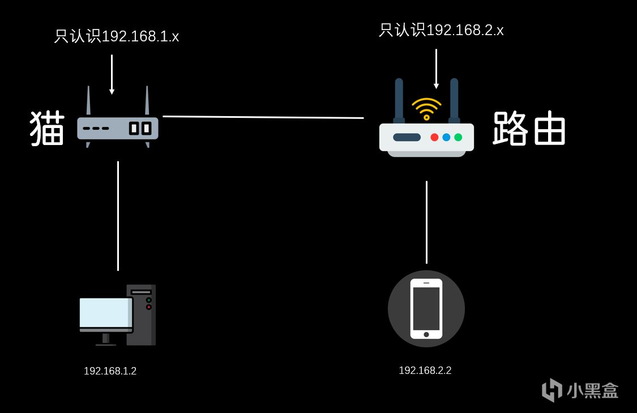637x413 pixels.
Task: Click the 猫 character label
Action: coord(48,128)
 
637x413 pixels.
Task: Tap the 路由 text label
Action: coord(529,128)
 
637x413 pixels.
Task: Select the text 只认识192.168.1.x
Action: coord(117,37)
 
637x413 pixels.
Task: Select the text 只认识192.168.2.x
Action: coord(441,30)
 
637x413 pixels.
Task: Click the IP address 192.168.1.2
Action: coord(110,371)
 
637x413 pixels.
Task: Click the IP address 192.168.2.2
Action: coord(425,371)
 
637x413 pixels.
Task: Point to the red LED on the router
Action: coord(434,137)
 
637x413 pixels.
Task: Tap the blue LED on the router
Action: coord(446,137)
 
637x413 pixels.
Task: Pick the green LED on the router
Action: coord(458,137)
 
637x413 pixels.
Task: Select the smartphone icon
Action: coord(426,309)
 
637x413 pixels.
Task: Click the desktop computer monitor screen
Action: coord(106,312)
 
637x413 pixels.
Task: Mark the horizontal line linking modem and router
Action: coord(263,117)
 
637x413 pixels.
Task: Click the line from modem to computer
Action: coord(118,216)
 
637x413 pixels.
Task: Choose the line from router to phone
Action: coord(426,222)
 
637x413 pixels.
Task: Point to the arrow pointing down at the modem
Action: coord(112,74)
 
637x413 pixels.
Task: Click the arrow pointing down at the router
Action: coord(436,69)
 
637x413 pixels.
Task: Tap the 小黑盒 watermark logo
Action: coord(580,390)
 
